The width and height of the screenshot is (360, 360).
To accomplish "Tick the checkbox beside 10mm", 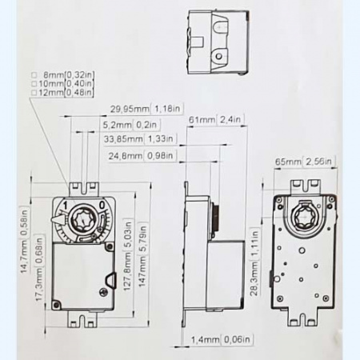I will tap(32, 83).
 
